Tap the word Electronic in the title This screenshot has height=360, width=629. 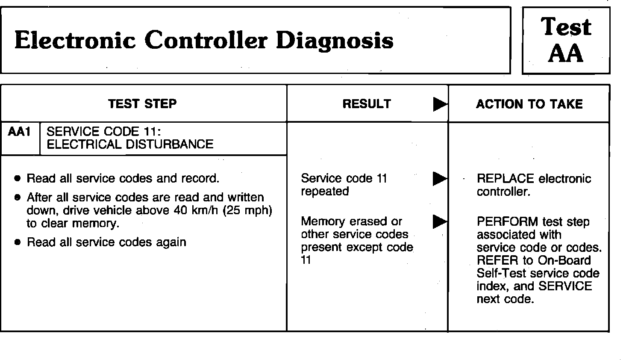coord(76,41)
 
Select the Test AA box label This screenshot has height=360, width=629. coord(566,40)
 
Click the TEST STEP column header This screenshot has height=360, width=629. coord(142,104)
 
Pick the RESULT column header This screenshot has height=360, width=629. coord(367,104)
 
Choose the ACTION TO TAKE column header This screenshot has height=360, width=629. coord(529,104)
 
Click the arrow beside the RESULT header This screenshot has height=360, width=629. coord(440,104)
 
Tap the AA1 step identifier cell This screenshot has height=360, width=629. coord(20,132)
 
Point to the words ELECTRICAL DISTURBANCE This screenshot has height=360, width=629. coord(130,144)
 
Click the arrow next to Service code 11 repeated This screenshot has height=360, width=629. coord(440,178)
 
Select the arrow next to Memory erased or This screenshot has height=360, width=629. coord(440,221)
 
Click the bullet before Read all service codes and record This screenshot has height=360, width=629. coord(17,178)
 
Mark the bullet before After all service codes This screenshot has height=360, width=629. coord(17,198)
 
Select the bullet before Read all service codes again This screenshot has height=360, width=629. coord(17,242)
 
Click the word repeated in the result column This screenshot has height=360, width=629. coord(325,191)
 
